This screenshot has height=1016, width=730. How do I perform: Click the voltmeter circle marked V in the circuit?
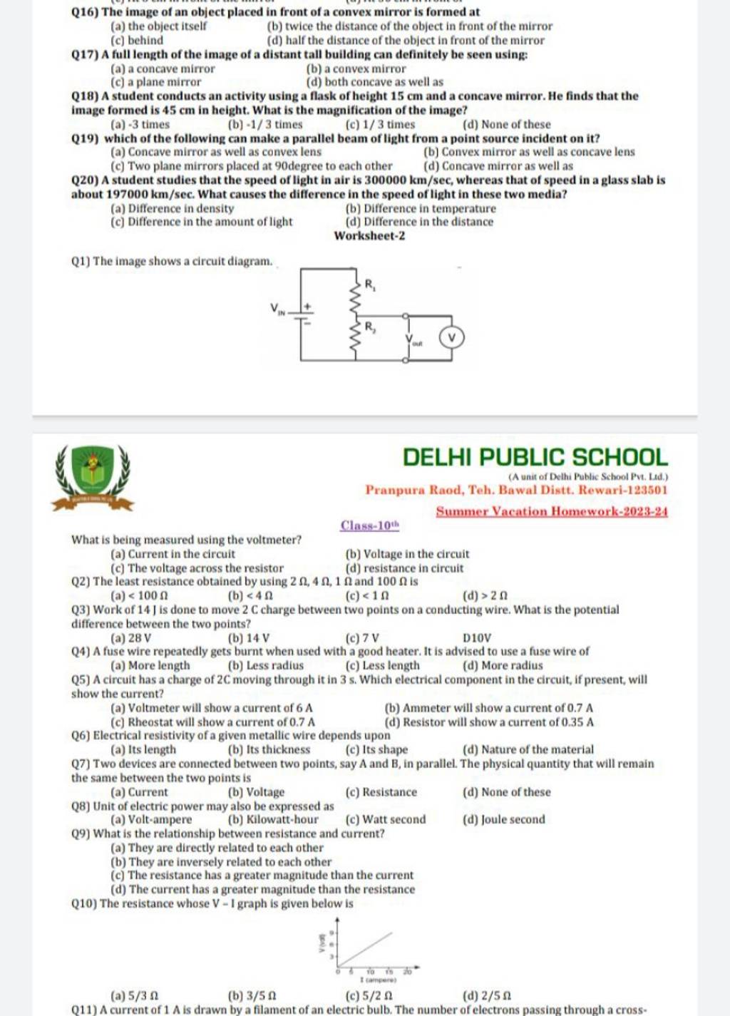(451, 337)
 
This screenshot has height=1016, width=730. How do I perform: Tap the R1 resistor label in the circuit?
(371, 284)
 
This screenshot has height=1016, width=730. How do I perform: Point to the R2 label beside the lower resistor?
(371, 327)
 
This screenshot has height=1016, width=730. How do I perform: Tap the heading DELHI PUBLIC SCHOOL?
(535, 457)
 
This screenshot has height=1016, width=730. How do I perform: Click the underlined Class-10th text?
(369, 526)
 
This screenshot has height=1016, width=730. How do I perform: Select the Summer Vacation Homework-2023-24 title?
(552, 511)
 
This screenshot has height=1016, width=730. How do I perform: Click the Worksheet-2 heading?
(369, 236)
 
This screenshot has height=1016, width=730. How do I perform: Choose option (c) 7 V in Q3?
(362, 638)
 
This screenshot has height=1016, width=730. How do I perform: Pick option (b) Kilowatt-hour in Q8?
(272, 820)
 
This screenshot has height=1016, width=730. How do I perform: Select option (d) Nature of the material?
(528, 749)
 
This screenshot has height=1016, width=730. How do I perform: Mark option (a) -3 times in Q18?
(140, 124)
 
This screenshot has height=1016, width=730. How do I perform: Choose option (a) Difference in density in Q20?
(173, 208)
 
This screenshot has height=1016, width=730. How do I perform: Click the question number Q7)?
(81, 764)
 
